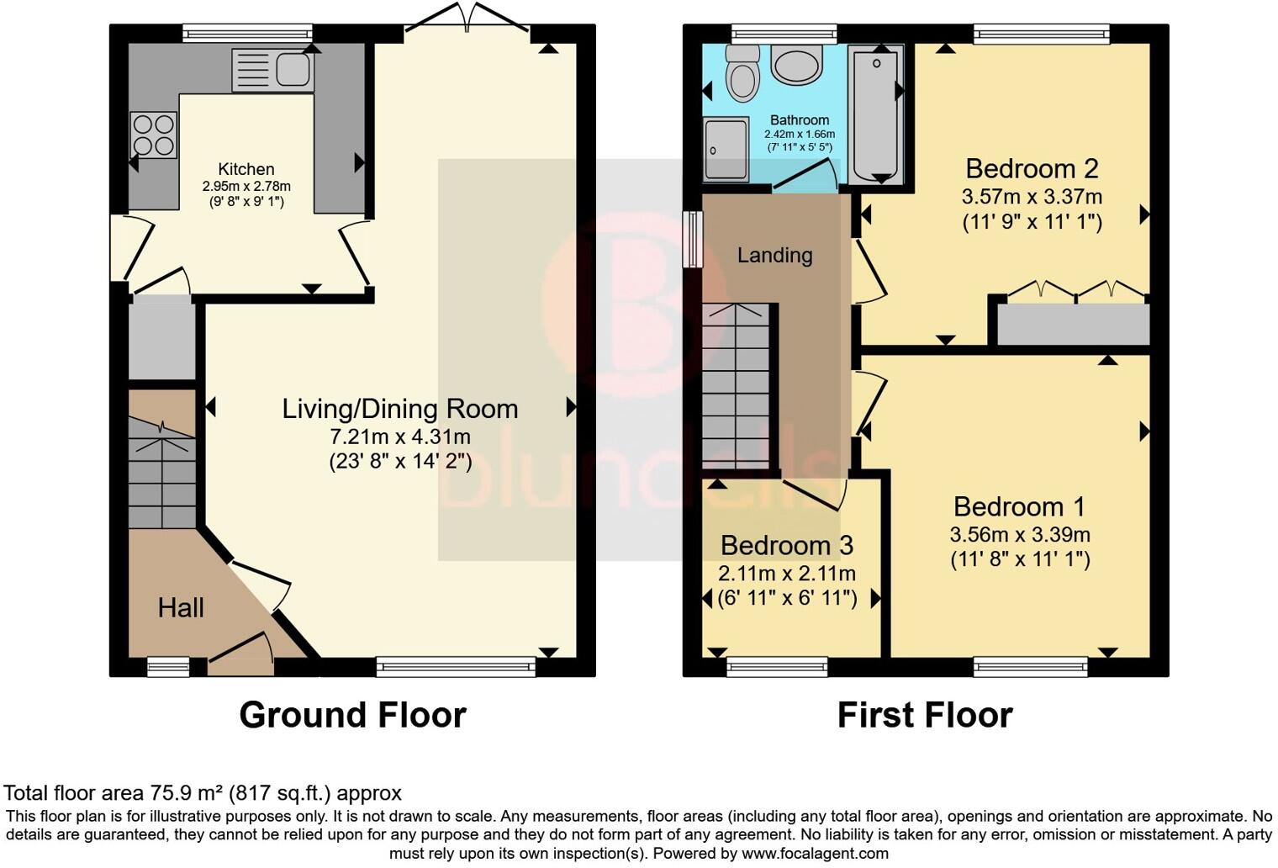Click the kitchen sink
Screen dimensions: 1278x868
272,70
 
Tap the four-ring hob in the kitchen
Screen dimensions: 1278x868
154,135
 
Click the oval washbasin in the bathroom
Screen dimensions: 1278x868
796,63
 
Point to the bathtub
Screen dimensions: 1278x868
876,114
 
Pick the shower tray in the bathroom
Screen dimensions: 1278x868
726,150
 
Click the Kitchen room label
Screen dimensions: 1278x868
246,169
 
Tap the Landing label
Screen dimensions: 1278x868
775,255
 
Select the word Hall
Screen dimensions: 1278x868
181,608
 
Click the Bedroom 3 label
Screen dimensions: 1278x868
787,546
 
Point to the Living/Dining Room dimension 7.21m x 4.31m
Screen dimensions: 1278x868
400,437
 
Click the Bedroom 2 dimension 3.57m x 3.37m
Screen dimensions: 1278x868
1032,197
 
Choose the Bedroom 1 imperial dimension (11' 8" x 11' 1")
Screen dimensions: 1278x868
1020,559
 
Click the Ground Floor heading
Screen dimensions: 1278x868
352,715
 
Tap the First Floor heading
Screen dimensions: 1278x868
925,715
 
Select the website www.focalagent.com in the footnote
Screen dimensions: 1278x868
815,854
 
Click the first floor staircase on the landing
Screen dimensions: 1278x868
736,387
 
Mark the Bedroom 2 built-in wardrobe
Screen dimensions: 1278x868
1073,324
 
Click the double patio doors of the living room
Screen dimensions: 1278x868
467,17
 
